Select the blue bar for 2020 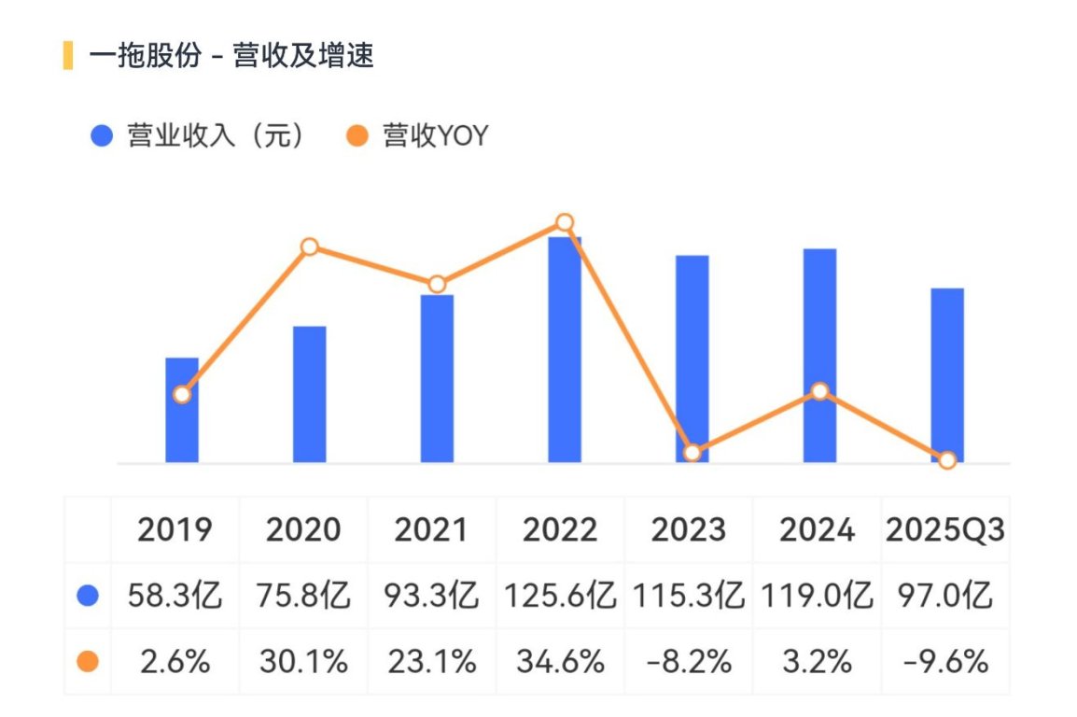pyautogui.click(x=310, y=394)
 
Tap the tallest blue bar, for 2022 pyautogui.click(x=565, y=349)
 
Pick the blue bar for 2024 pyautogui.click(x=820, y=355)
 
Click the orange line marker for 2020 pyautogui.click(x=310, y=246)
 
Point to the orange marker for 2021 pyautogui.click(x=437, y=284)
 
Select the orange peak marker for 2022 pyautogui.click(x=565, y=222)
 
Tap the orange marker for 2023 pyautogui.click(x=692, y=453)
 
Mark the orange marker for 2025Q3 pyautogui.click(x=947, y=460)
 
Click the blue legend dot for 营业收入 pyautogui.click(x=102, y=135)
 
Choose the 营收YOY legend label pyautogui.click(x=436, y=136)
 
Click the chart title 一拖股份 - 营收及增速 pyautogui.click(x=231, y=56)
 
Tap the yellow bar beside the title pyautogui.click(x=68, y=56)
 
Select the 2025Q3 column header pyautogui.click(x=945, y=529)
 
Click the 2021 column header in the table pyautogui.click(x=430, y=529)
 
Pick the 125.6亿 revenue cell pyautogui.click(x=560, y=596)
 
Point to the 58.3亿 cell pyautogui.click(x=175, y=596)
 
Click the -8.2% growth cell pyautogui.click(x=689, y=662)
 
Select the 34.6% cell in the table pyautogui.click(x=560, y=662)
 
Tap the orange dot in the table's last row pyautogui.click(x=88, y=662)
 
